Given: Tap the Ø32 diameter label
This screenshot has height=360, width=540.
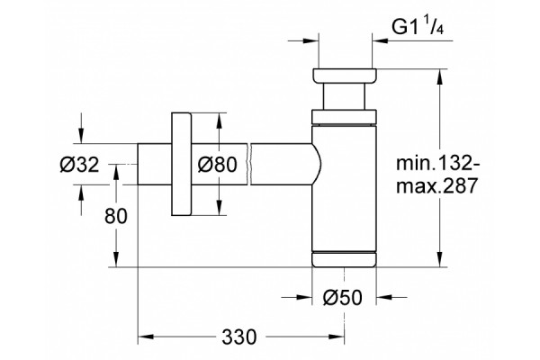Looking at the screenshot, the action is click(79, 164).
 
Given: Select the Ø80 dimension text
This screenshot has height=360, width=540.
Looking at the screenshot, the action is click(217, 164).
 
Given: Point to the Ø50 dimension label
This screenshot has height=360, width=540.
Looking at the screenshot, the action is click(343, 297).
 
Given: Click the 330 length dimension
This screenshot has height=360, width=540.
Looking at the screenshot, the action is click(239, 337).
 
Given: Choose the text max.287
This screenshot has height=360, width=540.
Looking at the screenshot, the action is click(437, 186).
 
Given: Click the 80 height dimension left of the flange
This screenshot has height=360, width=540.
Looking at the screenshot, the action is click(116, 216).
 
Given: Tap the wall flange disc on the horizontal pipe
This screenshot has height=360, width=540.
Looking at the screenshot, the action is click(181, 164).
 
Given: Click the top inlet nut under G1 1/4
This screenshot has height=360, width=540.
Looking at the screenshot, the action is click(345, 76).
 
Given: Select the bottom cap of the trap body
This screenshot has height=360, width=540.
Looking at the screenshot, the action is click(345, 260).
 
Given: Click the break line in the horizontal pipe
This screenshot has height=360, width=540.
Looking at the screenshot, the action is click(249, 164).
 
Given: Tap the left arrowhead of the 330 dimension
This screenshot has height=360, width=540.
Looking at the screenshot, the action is click(145, 337).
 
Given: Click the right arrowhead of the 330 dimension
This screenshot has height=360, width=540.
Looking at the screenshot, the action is click(337, 337).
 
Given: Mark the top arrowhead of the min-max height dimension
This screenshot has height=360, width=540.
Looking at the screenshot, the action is click(439, 76).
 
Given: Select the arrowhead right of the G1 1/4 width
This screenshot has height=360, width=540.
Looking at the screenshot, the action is click(380, 40).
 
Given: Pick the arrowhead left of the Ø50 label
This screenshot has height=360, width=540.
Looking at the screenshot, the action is click(304, 296).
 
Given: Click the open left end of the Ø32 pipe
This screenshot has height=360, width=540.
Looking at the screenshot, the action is click(138, 164).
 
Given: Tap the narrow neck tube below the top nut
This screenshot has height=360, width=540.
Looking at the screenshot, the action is click(345, 96).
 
